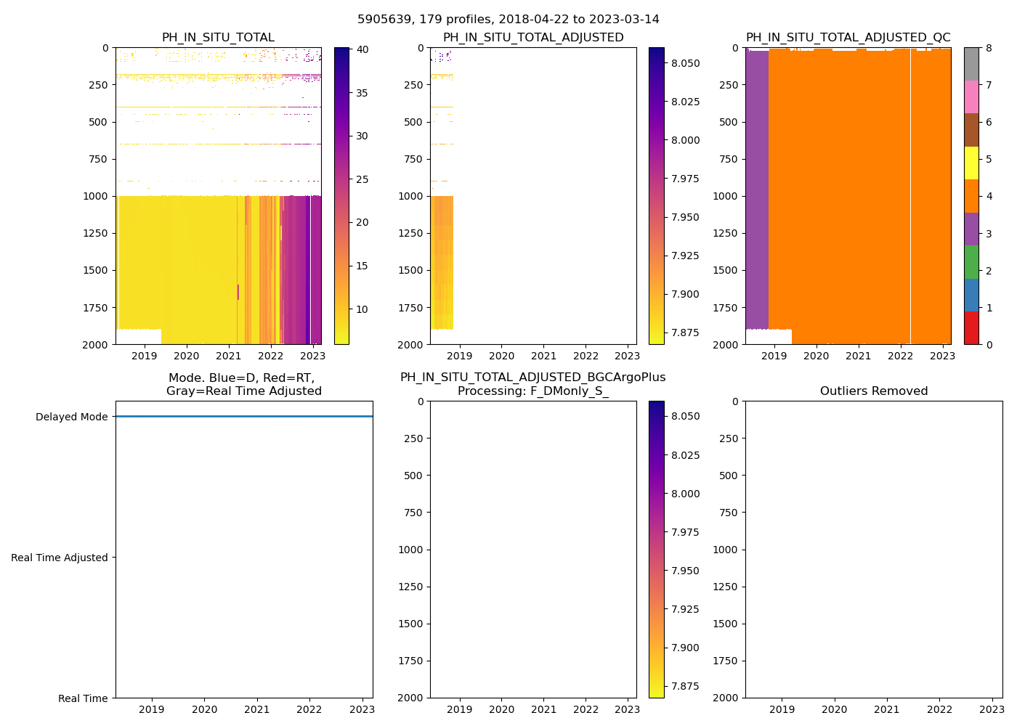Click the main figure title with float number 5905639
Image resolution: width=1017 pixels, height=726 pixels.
coord(508,20)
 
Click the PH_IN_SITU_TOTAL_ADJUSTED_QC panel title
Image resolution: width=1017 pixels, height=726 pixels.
coord(848,38)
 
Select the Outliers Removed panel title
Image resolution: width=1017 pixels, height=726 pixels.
coord(873,391)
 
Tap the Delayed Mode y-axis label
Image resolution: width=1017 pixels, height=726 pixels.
coord(71,417)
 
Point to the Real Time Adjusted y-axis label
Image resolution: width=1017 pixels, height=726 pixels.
coord(59,558)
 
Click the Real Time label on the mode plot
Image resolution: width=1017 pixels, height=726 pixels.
coord(83,698)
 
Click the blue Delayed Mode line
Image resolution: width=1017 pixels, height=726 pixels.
coord(244,417)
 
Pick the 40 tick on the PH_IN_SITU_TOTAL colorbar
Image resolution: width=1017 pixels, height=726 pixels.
coord(361,49)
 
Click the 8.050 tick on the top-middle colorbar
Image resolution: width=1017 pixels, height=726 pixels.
coord(686,63)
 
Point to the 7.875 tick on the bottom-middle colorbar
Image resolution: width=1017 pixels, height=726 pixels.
coord(686,686)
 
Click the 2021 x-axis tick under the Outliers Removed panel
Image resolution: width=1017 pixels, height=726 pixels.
coord(886,709)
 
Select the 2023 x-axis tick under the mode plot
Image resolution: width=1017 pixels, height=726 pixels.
coord(362,709)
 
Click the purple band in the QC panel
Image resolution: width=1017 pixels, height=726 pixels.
coord(757,189)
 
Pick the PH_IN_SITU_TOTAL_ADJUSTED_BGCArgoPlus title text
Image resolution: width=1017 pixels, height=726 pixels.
coord(532,378)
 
